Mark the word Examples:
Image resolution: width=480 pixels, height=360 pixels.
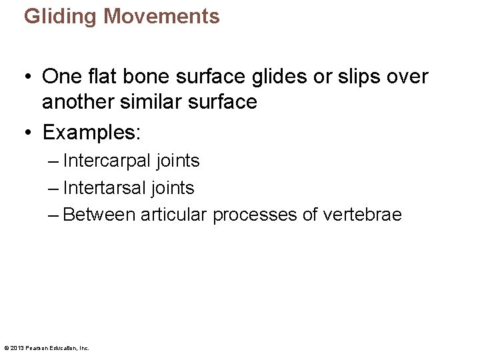coord(91,132)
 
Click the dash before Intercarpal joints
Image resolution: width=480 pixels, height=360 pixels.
coord(53,161)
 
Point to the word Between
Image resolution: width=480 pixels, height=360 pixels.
coord(99,215)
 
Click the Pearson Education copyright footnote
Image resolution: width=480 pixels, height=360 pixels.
coord(47,347)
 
